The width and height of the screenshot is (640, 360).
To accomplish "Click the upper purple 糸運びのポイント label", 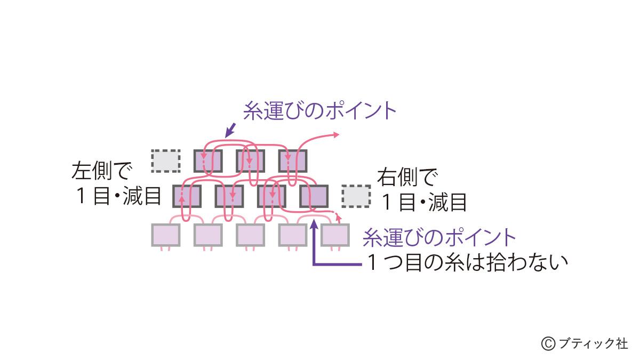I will (319, 111).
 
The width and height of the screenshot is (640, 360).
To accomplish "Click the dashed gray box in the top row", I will (165, 161).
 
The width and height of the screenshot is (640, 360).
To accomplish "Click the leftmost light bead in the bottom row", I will (166, 235).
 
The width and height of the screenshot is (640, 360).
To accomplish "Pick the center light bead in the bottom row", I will (250, 235).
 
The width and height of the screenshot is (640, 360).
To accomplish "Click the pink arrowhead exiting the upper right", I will (337, 135).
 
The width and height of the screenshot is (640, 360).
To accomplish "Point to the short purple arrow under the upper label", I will (231, 130).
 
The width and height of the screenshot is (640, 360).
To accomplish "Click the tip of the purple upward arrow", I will (315, 223).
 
